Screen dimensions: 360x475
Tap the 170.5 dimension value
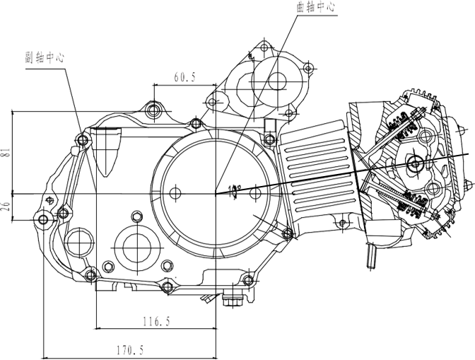tap(129, 349)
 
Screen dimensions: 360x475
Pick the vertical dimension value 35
tap(6, 207)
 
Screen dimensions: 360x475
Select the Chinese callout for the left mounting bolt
tap(45, 59)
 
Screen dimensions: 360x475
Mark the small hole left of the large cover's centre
tap(175, 192)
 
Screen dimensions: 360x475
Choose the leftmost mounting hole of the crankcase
tap(44, 219)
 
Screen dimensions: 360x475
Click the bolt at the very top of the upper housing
tap(264, 45)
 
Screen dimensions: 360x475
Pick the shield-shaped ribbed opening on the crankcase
tap(109, 151)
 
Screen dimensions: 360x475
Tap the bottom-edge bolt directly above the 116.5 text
tap(168, 286)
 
